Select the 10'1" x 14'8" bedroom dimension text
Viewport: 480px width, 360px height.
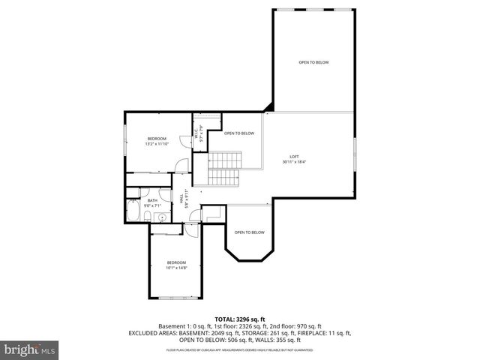pos(176,267)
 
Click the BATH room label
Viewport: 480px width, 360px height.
pos(152,200)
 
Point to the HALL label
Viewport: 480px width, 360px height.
pos(181,197)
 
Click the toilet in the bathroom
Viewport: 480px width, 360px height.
pos(149,217)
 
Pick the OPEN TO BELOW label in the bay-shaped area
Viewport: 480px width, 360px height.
pos(248,232)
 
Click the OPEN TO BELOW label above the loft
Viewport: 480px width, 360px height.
pos(313,62)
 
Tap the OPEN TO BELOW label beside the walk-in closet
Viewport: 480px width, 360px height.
pos(238,133)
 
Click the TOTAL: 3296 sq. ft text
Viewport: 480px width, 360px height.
pos(240,319)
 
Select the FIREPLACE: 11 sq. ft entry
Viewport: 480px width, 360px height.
pos(322,332)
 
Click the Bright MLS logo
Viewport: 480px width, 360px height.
pos(30,349)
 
